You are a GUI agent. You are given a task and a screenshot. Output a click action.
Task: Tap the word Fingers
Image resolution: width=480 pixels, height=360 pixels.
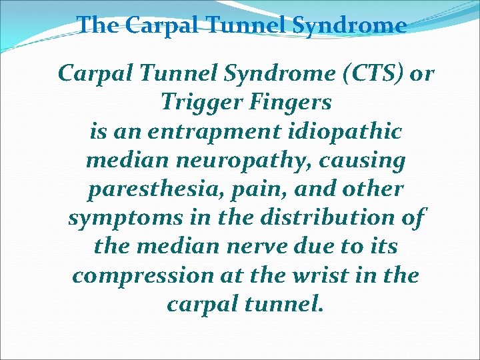click(x=290, y=102)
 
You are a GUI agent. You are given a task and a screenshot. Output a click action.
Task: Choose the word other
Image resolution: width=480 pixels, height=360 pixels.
click(x=375, y=189)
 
